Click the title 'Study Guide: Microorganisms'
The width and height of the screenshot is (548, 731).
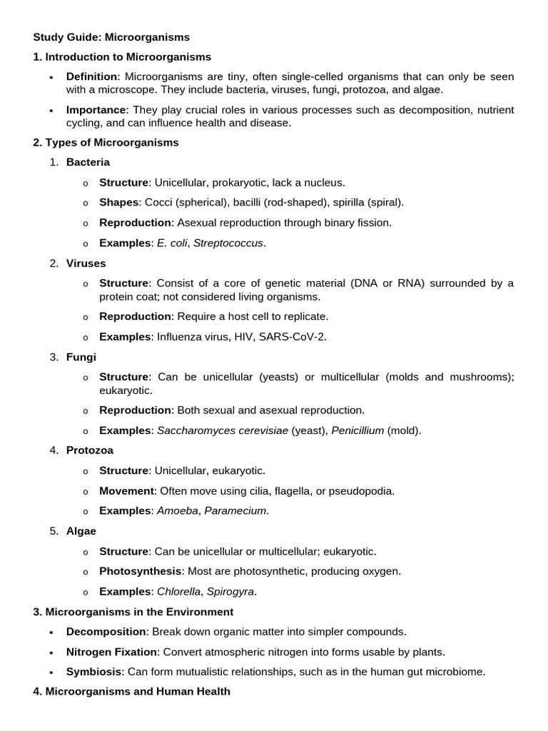click(111, 36)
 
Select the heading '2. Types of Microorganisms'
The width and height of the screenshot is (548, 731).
click(106, 142)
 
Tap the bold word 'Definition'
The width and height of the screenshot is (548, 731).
click(93, 76)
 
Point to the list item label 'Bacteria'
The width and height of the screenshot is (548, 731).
click(88, 162)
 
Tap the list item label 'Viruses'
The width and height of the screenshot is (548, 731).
click(86, 263)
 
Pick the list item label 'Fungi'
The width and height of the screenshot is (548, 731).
click(81, 357)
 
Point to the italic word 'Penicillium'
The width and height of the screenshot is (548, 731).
click(356, 430)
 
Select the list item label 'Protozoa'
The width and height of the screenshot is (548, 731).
click(89, 450)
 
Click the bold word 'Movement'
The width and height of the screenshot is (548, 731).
click(126, 490)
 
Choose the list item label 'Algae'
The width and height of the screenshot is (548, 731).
click(81, 531)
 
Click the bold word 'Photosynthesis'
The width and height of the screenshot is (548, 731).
click(141, 571)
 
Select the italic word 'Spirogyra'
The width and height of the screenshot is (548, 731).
click(230, 592)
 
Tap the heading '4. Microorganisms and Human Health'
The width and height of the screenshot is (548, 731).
click(132, 692)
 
